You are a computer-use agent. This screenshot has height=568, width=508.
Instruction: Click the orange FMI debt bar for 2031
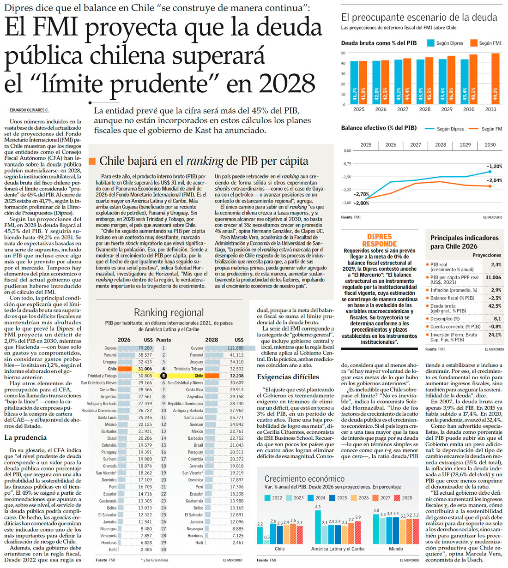tap(496, 78)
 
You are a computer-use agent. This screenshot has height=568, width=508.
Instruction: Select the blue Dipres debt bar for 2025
tap(354, 83)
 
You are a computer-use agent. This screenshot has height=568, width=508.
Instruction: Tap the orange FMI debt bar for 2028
tap(429, 81)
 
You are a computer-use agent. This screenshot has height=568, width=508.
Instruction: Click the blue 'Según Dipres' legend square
tap(430, 43)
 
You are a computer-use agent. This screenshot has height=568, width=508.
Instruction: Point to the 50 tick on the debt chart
tap(343, 53)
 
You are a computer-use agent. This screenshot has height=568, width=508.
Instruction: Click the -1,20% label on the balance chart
tap(494, 166)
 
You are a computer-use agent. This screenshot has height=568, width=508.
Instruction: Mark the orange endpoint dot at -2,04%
tap(490, 186)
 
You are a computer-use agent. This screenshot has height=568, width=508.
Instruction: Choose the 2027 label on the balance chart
tap(415, 145)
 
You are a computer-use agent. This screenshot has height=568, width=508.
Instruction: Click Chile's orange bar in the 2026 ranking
tap(125, 369)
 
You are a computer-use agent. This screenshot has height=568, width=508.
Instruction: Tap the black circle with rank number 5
tap(163, 376)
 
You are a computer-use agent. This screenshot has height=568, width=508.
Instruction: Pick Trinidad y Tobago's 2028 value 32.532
tap(236, 369)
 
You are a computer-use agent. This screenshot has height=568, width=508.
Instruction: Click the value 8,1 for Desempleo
tap(497, 318)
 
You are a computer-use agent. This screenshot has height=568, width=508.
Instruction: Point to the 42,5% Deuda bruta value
tap(495, 306)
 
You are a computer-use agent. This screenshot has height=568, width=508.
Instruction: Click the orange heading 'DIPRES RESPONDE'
tap(379, 240)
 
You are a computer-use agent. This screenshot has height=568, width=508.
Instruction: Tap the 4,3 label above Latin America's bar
tap(318, 507)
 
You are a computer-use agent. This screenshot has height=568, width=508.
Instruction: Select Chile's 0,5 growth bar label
tap(266, 537)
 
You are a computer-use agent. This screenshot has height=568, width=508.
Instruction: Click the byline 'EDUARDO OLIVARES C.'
tap(29, 110)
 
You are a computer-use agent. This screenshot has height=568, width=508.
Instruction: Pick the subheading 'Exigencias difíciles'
tap(288, 377)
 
